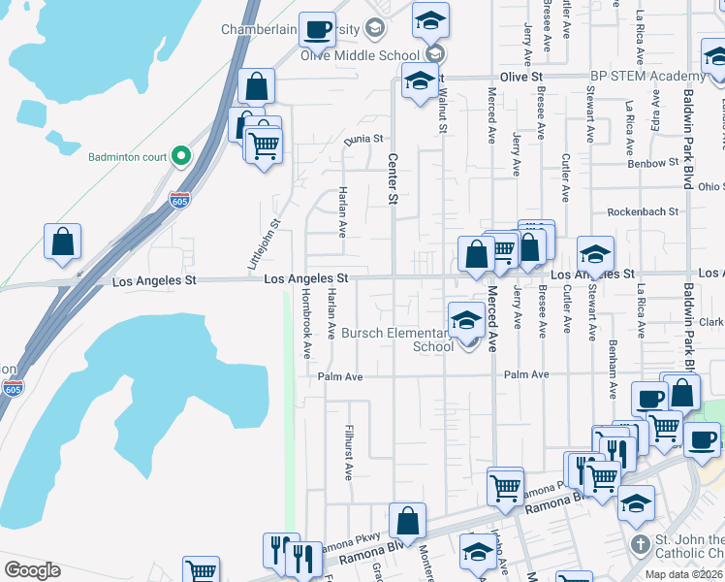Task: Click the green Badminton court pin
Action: (x=180, y=155)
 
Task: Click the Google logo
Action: (x=31, y=570)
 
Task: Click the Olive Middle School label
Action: (x=361, y=55)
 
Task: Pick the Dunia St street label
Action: (x=364, y=140)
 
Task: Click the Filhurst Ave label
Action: (x=348, y=452)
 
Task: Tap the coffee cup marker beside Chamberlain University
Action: (x=316, y=30)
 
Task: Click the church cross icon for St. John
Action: (x=639, y=545)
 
